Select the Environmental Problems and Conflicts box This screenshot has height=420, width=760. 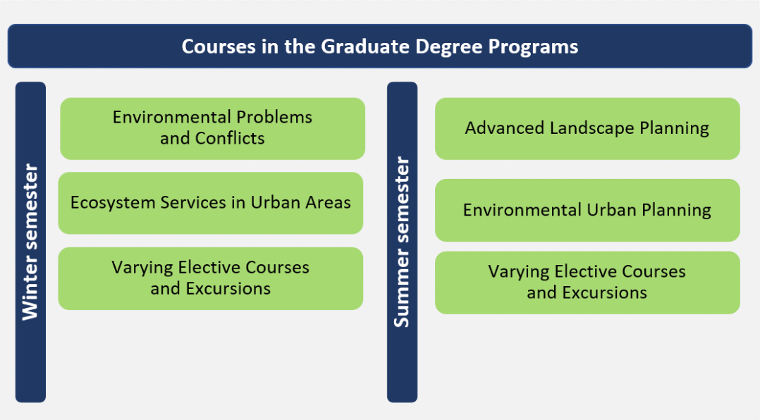point(212,129)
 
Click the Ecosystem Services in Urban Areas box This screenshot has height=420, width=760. point(210,204)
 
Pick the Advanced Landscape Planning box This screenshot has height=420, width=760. point(587,129)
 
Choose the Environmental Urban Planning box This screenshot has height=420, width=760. point(587,210)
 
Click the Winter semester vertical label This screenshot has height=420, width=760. point(30,242)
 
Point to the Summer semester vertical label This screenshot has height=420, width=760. point(403,242)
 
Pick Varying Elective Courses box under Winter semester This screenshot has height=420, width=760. point(210,278)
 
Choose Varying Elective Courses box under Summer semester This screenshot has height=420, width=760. point(587,283)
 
